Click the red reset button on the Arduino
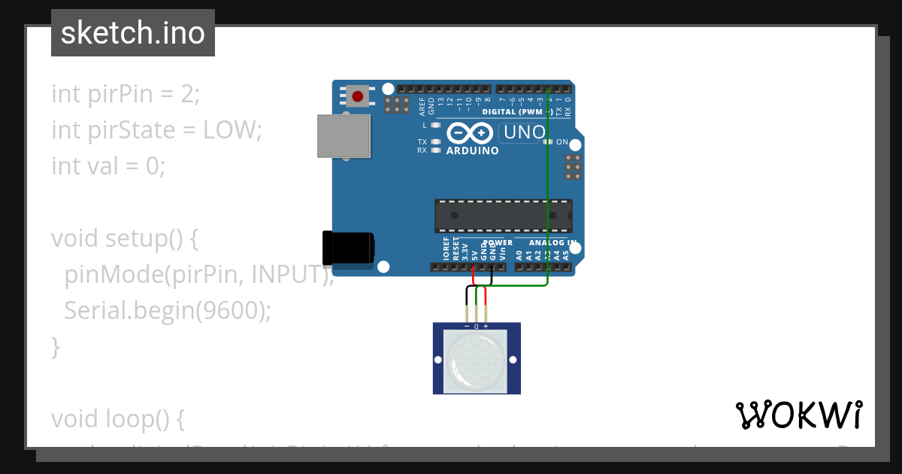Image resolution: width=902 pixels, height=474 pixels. click(359, 96)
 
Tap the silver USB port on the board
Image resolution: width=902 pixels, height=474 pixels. click(344, 136)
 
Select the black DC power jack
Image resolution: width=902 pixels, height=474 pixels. click(348, 249)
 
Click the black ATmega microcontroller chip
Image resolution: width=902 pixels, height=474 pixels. click(503, 216)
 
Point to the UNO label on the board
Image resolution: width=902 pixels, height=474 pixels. click(524, 133)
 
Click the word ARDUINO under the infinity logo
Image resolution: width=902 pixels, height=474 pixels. click(472, 150)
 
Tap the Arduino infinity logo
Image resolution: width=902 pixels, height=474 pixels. click(471, 133)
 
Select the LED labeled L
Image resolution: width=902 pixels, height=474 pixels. click(435, 125)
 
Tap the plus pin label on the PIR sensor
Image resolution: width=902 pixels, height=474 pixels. click(486, 327)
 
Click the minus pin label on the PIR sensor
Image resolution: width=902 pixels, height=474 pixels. click(468, 327)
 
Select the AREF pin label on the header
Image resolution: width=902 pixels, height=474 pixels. click(422, 105)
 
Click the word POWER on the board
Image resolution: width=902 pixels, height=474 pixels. click(498, 243)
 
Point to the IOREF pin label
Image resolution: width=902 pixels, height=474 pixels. click(446, 249)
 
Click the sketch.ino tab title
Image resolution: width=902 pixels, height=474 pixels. click(133, 33)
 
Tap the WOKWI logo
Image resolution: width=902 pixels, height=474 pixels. click(798, 415)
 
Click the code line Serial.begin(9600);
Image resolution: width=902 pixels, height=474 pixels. click(167, 310)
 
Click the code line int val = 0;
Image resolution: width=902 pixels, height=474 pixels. click(107, 166)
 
